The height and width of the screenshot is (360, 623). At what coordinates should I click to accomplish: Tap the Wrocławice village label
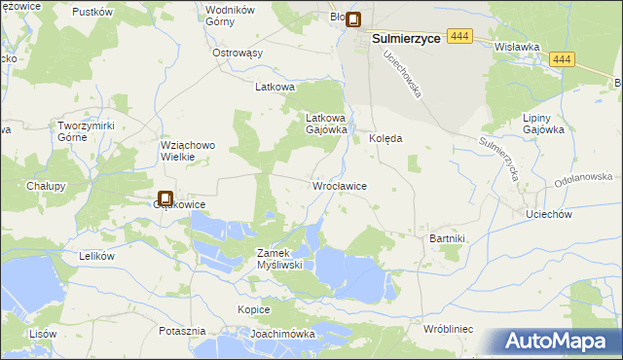pos(339,185)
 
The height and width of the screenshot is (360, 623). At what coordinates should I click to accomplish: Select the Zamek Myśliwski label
pos(281,258)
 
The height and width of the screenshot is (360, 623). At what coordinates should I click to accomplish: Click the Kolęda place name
pos(385,139)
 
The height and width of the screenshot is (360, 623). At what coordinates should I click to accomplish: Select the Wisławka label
pos(517,46)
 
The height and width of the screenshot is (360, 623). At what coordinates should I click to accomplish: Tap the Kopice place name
pos(253,309)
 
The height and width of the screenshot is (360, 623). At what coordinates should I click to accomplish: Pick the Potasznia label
pos(182,331)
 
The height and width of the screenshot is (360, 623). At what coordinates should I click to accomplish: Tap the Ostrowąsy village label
pos(238,53)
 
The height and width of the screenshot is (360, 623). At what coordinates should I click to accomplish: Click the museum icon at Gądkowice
pos(165,198)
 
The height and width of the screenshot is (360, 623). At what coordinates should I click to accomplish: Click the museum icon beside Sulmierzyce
pos(354,18)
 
